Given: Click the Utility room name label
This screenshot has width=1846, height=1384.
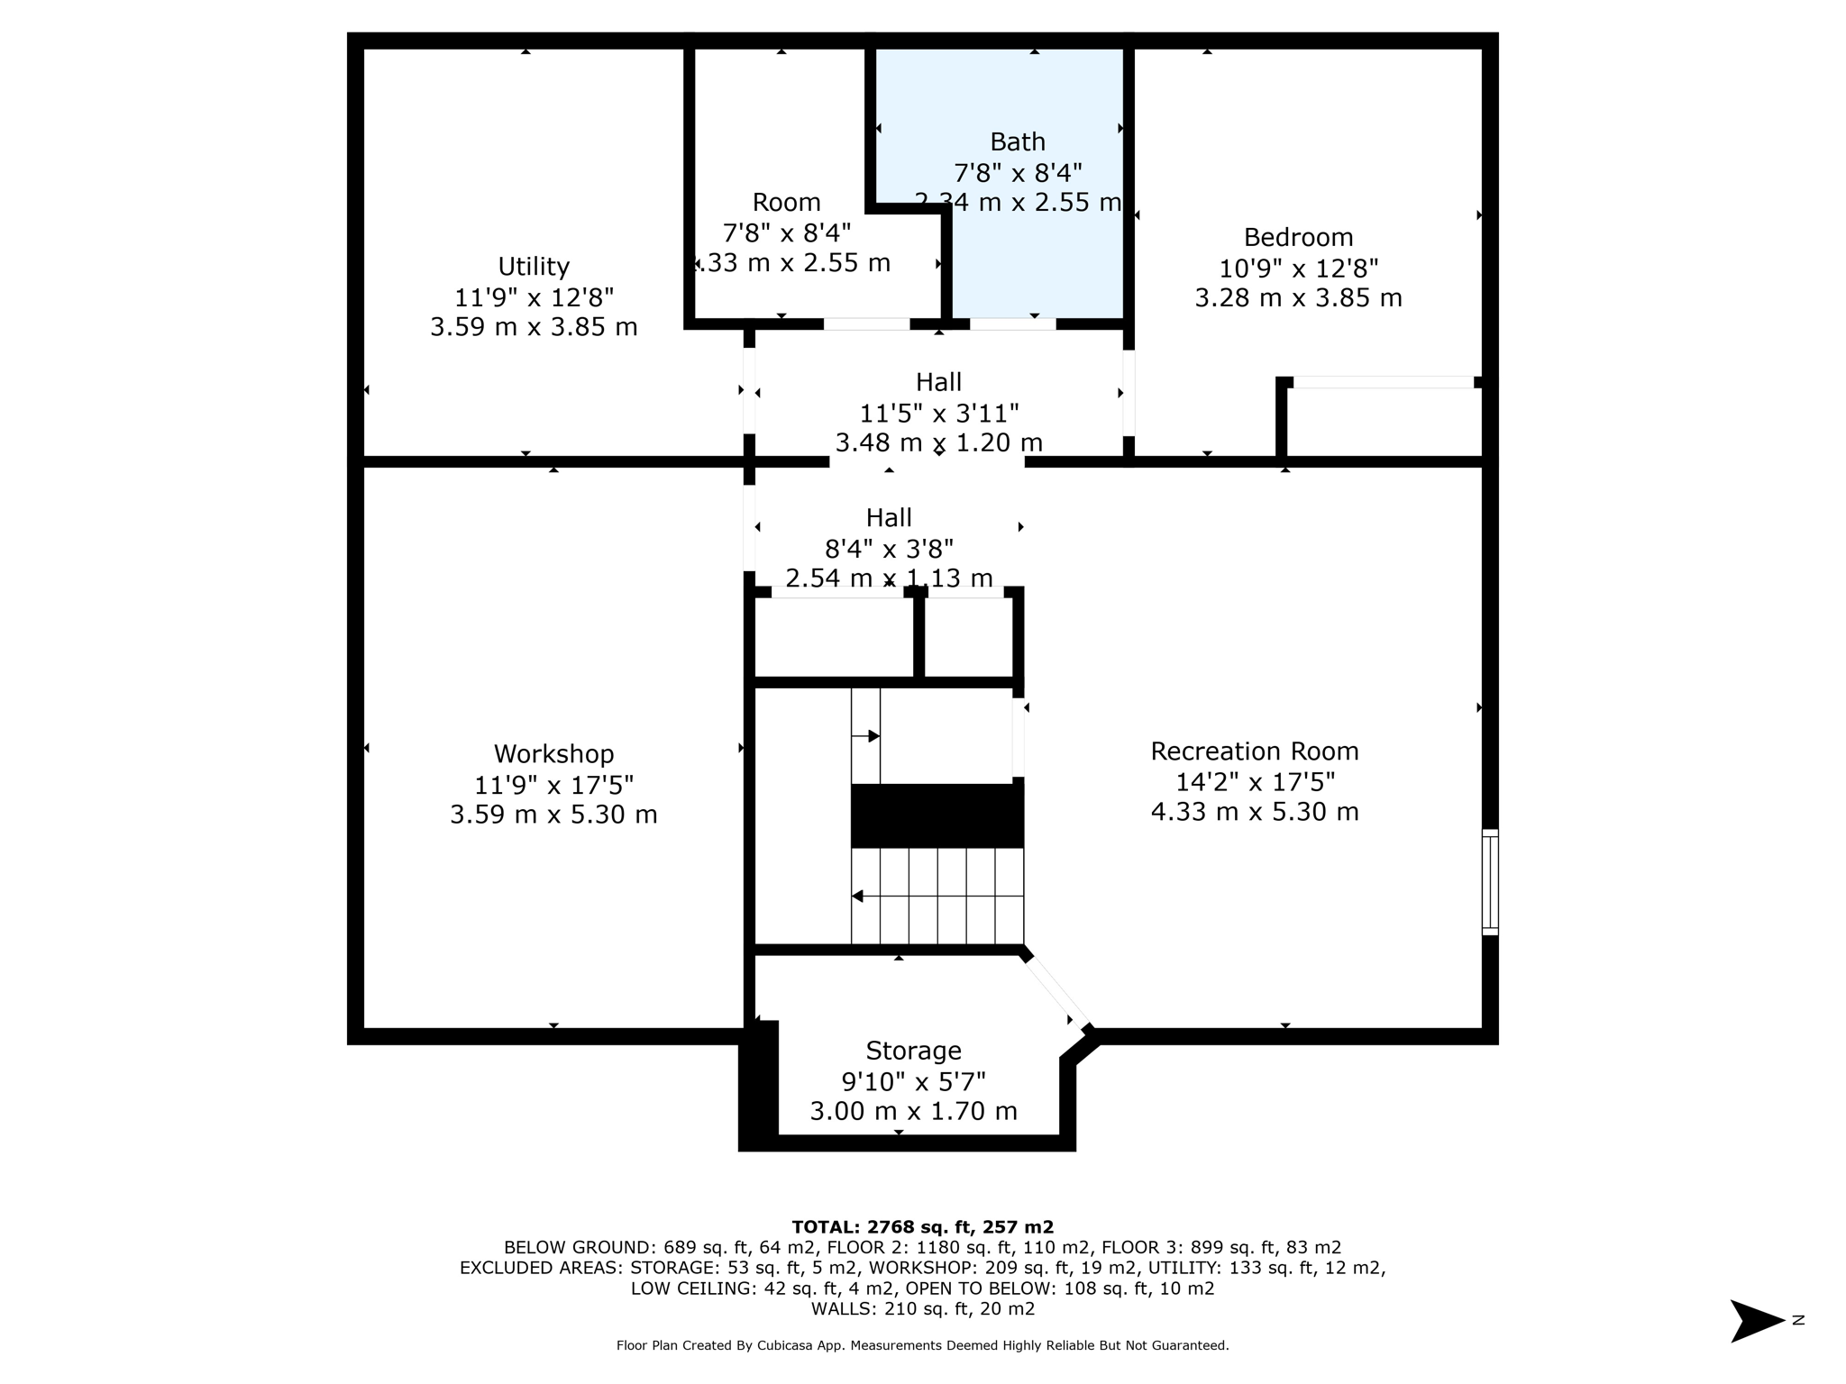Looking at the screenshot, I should coord(534,267).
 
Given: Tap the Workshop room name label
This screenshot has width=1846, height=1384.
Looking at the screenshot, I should coord(553,754).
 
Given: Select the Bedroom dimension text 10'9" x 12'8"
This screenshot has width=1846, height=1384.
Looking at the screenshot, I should coord(1298,269).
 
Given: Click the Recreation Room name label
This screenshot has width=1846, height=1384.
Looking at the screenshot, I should coord(1254,751).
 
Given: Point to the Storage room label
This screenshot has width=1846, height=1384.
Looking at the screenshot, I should coord(913,1052).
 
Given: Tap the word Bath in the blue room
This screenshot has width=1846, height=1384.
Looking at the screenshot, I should coord(1018,142).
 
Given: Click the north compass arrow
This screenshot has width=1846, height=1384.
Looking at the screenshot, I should coord(1756,1321).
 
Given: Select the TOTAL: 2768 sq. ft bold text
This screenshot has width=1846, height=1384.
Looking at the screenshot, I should coord(922,1227).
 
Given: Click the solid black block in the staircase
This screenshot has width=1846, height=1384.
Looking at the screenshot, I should coord(937,815).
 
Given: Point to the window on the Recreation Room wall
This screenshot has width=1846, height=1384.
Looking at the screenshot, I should coord(1490,882).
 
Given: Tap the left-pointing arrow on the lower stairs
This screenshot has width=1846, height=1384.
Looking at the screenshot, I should coord(858,897).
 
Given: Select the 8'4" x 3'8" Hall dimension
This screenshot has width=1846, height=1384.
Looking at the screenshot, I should coord(889,549).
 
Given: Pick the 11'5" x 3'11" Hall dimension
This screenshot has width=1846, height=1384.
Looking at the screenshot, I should coord(938,414).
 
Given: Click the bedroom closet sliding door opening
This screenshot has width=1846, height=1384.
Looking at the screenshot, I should coord(1383,383).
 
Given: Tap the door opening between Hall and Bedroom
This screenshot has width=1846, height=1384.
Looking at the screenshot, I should coord(1129,393).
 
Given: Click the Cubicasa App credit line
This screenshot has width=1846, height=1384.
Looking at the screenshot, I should coord(922,1345).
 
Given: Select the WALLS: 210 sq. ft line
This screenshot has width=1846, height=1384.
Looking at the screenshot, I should coord(922,1309).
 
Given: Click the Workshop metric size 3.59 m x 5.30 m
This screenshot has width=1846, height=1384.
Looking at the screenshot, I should coord(553,815).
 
